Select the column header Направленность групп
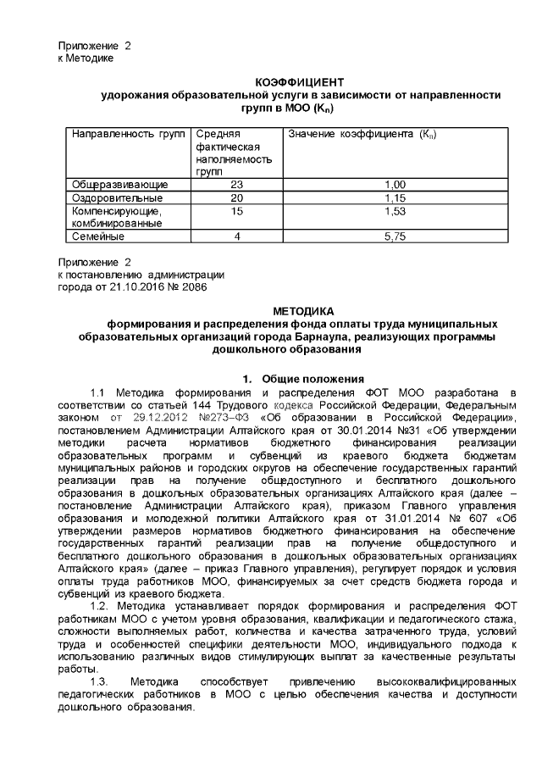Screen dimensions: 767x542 pos(127,135)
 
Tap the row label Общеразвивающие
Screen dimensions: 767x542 pos(120,184)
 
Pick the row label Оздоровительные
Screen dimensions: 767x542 pos(119,197)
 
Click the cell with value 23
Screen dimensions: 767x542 pos(236,184)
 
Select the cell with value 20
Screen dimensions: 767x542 pos(236,197)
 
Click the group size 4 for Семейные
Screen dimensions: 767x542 pos(236,236)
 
